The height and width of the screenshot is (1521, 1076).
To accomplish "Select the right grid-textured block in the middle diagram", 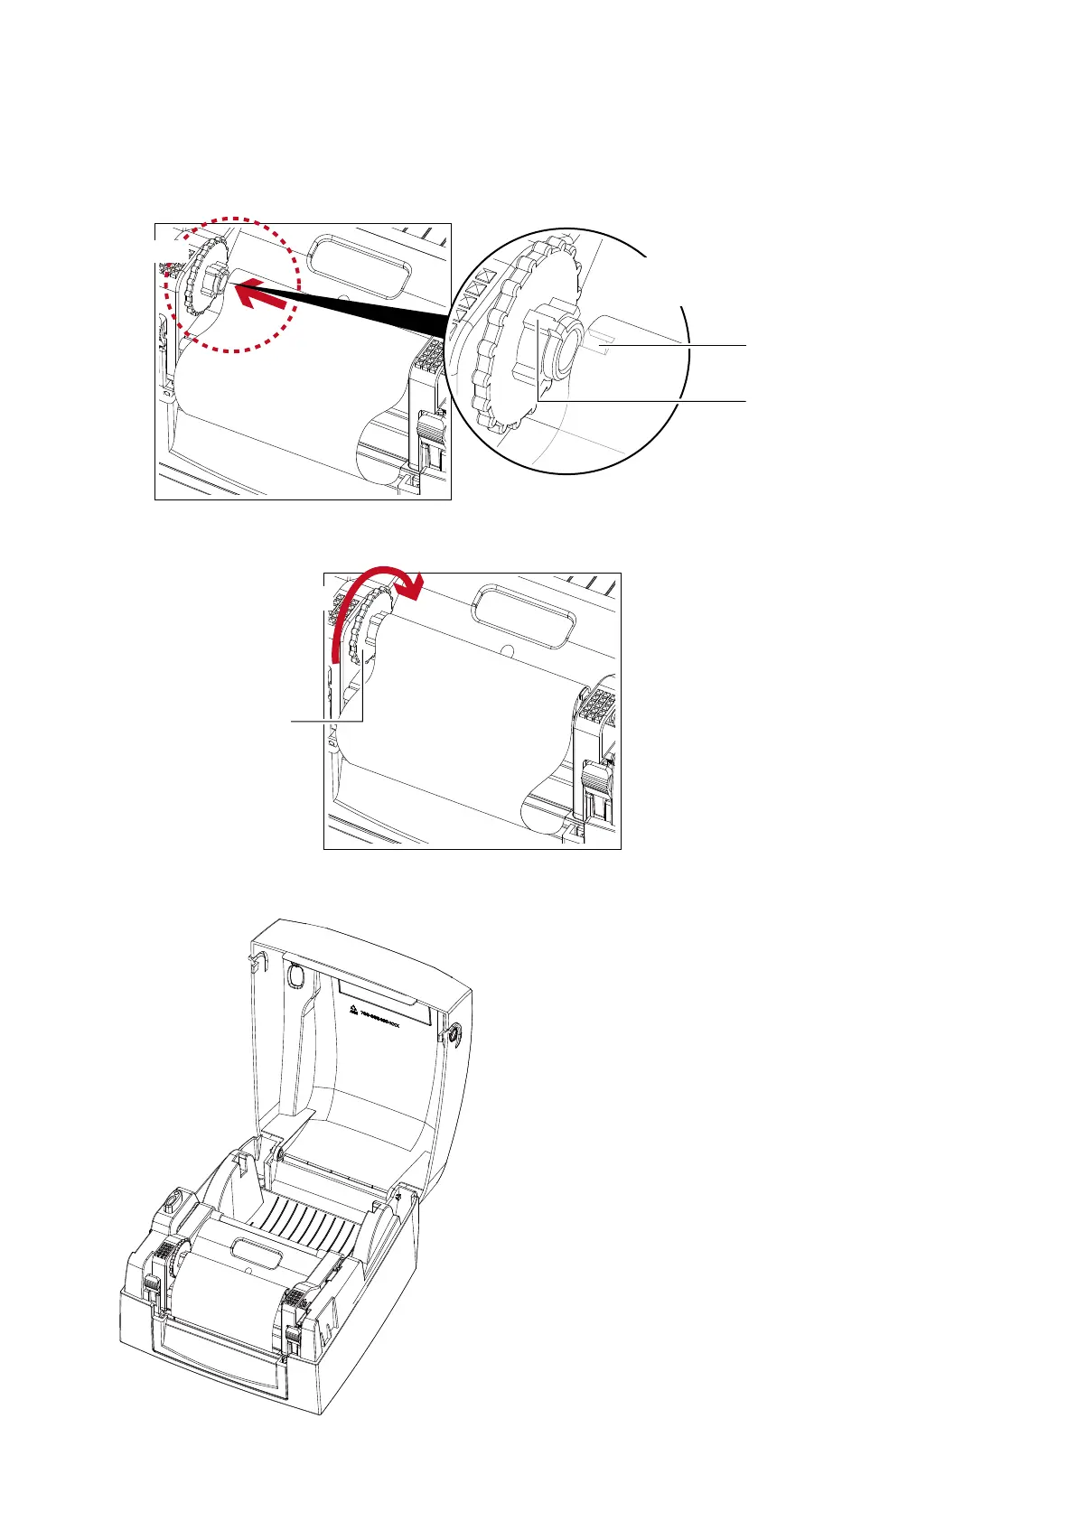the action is [x=600, y=711].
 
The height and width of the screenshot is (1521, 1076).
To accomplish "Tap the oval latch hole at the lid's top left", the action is [x=294, y=975].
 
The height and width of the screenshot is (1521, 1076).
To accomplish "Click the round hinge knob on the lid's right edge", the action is [x=453, y=1031].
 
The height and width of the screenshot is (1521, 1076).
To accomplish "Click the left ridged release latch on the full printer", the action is [x=151, y=1287].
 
